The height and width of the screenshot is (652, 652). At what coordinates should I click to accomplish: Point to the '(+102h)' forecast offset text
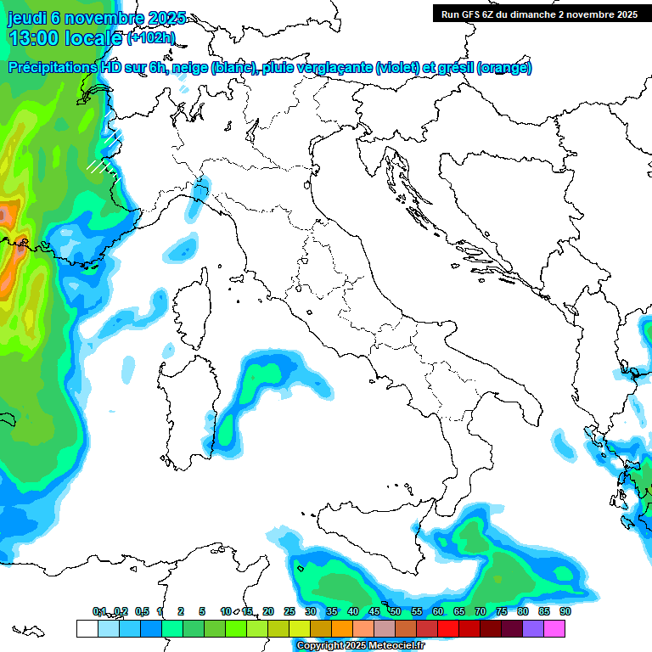click(x=151, y=38)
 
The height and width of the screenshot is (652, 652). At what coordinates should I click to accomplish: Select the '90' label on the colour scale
click(x=565, y=611)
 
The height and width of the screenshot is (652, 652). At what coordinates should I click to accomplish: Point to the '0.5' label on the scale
click(x=142, y=611)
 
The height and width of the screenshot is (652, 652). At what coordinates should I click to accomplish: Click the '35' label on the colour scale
click(x=332, y=611)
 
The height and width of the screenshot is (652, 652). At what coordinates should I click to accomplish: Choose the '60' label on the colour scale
click(x=438, y=611)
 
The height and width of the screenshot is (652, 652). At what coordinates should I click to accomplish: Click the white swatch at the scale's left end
click(x=87, y=628)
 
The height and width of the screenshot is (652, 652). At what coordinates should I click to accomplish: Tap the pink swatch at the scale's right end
click(x=554, y=628)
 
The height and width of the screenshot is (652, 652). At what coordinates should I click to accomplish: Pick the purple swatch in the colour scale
click(x=533, y=628)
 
